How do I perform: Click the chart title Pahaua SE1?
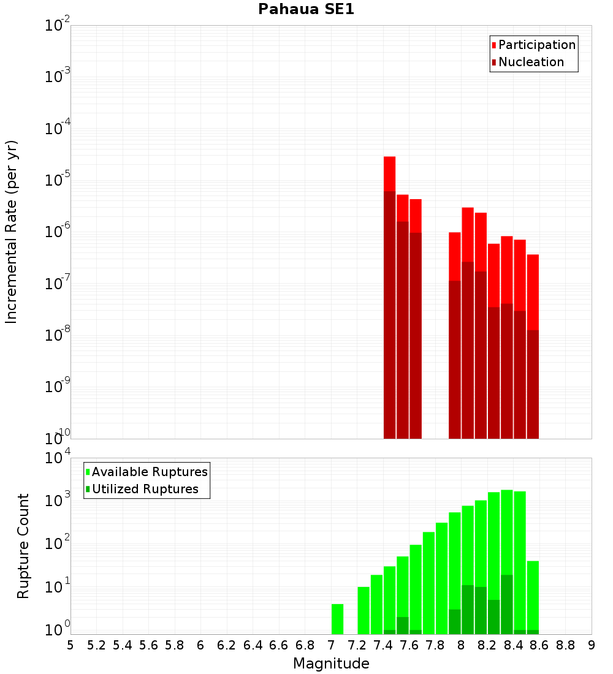(306, 9)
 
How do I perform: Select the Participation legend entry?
(533, 45)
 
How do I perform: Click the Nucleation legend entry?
(528, 62)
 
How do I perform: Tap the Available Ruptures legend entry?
(147, 472)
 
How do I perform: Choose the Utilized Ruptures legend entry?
(142, 489)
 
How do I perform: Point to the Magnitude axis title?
(331, 664)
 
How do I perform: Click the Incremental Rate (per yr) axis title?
(11, 232)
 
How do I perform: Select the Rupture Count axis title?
(23, 546)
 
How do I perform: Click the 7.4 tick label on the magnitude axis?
(383, 645)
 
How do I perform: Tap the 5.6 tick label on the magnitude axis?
(149, 645)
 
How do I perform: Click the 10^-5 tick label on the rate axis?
(57, 180)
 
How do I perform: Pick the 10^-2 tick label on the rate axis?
(57, 25)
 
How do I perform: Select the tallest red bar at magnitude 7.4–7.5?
(390, 297)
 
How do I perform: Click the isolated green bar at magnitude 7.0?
(338, 619)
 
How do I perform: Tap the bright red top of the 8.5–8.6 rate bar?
(533, 292)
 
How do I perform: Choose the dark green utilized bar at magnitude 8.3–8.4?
(507, 604)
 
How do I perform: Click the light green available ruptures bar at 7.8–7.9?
(442, 578)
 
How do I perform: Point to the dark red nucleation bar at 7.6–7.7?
(416, 336)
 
